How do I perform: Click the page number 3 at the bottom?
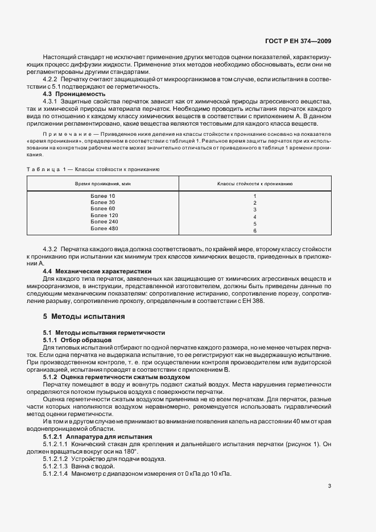click(329, 486)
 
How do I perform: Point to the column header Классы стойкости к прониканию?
click(255, 184)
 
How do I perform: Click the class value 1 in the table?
click(255, 196)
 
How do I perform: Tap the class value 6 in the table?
click(255, 231)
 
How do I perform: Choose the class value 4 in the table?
click(255, 217)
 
